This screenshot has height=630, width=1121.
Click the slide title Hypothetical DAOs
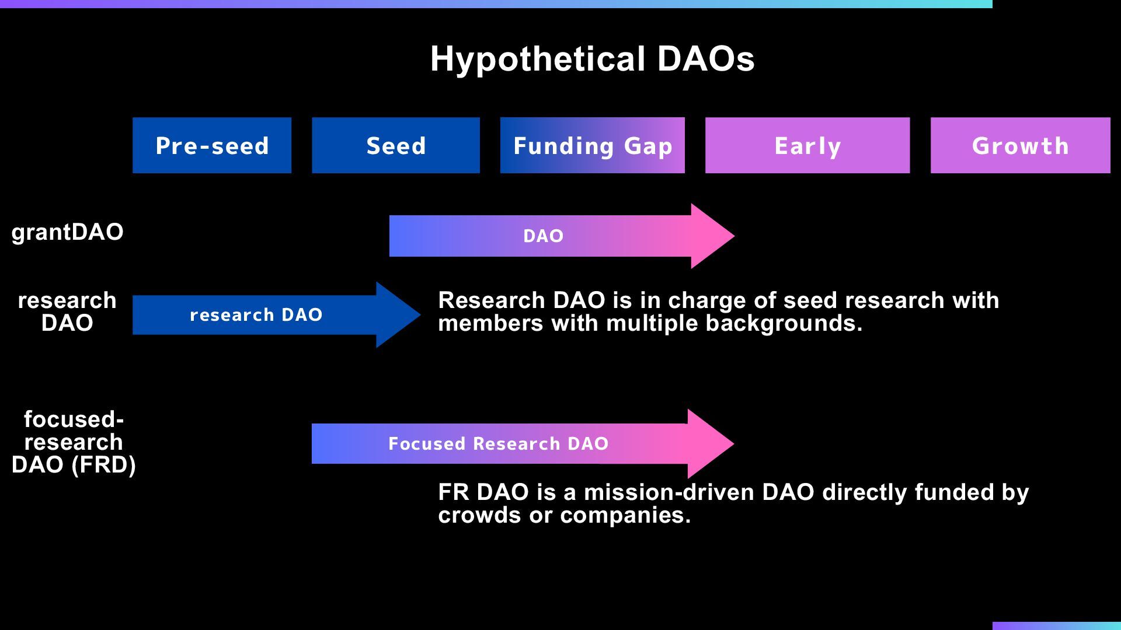592,59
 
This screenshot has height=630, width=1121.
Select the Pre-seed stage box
212,145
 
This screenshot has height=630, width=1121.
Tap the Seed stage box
396,145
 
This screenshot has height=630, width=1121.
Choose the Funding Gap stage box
593,145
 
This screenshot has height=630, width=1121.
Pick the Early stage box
807,145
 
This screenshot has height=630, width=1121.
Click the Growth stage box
1021,145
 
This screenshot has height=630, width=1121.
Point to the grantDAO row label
67,232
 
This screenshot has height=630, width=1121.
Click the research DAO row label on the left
67,311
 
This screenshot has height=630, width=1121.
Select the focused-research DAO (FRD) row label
74,442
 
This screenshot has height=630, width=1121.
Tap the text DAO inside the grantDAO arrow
544,236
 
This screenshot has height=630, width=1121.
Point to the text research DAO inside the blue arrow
256,315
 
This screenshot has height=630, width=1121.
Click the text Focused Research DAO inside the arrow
499,444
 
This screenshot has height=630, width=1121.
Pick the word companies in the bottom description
625,516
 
